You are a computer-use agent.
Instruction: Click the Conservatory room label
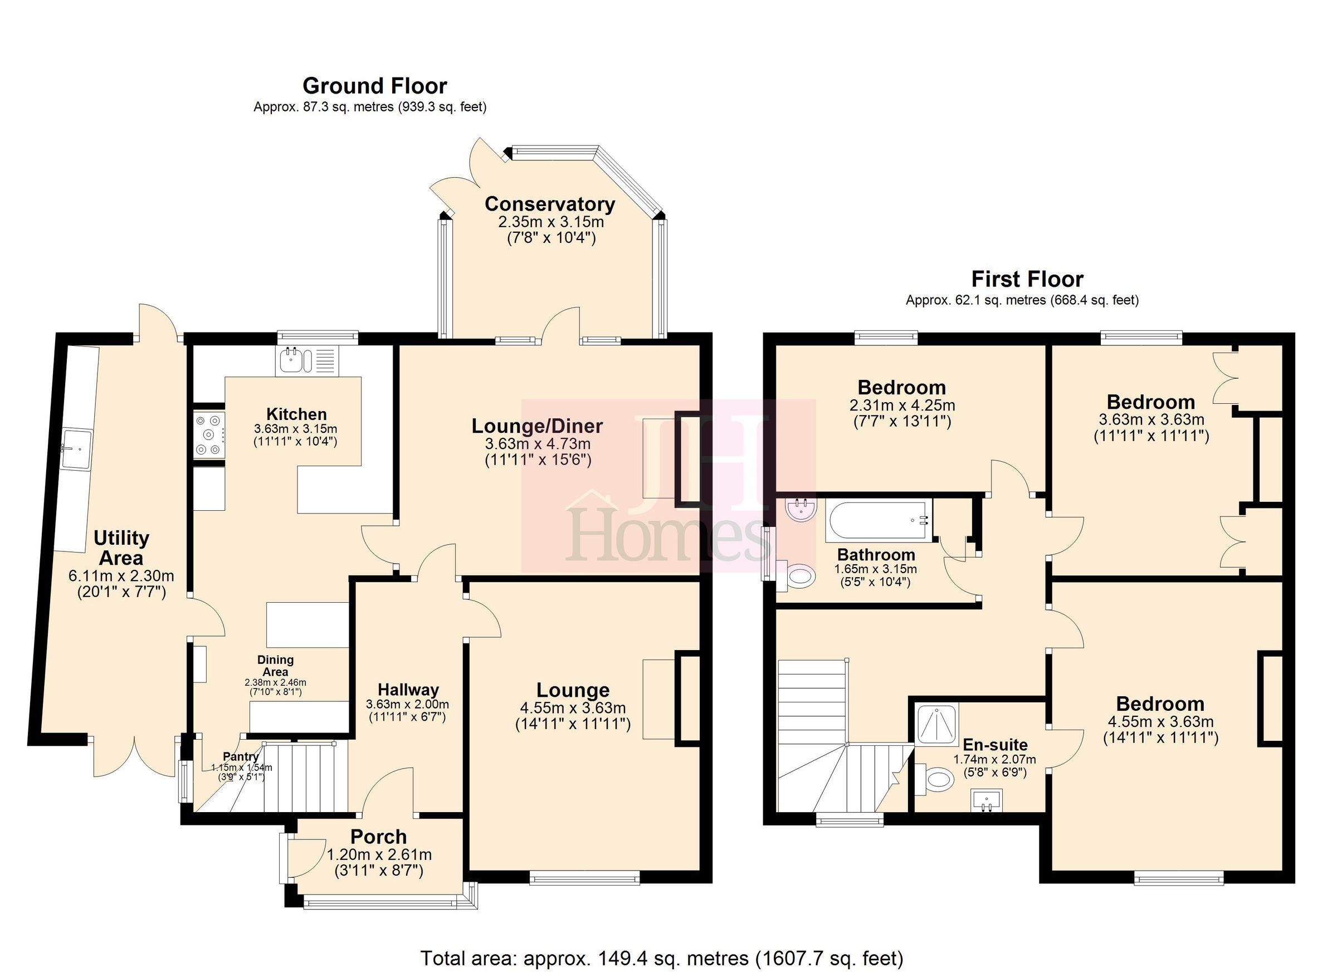(x=549, y=204)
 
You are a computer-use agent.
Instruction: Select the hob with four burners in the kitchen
(x=209, y=435)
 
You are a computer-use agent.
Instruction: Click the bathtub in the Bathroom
(x=879, y=520)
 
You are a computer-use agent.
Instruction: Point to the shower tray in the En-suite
(x=936, y=724)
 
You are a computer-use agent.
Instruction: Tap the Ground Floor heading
(x=374, y=86)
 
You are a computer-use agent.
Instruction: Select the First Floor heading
(x=1027, y=279)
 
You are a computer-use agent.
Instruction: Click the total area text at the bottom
(x=661, y=958)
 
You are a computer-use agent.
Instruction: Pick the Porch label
(x=378, y=837)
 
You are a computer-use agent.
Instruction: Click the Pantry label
(x=241, y=757)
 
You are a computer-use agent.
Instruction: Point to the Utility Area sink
(x=77, y=449)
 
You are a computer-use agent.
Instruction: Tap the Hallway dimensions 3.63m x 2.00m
(x=407, y=705)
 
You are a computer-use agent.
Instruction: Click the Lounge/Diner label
(x=537, y=426)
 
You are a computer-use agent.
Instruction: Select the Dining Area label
(x=275, y=666)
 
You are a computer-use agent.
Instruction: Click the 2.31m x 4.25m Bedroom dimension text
(x=902, y=406)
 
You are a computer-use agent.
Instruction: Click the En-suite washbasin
(x=986, y=802)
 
